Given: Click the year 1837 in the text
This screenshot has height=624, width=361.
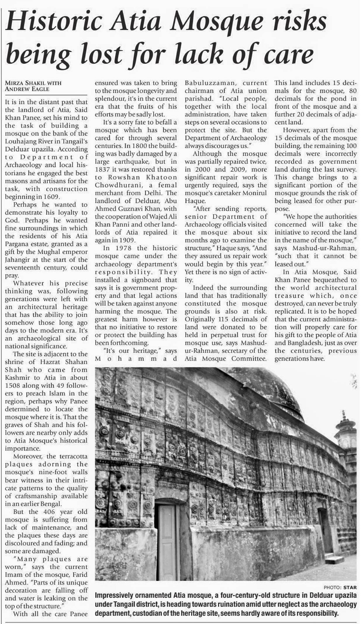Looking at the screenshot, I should (103, 169).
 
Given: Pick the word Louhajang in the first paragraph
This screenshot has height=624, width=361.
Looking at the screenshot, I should (20, 142).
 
